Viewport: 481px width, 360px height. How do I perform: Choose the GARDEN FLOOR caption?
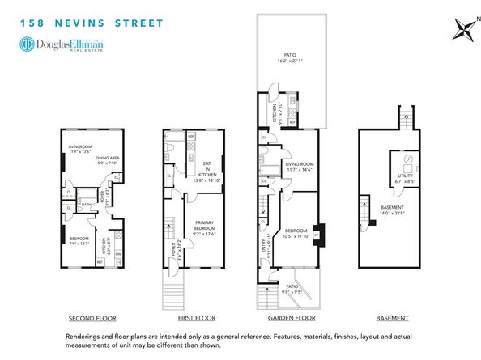[286, 318]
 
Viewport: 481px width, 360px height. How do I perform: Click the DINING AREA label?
[105, 159]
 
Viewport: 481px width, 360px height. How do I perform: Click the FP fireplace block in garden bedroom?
[317, 235]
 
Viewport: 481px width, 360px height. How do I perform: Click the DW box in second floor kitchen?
[119, 253]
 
